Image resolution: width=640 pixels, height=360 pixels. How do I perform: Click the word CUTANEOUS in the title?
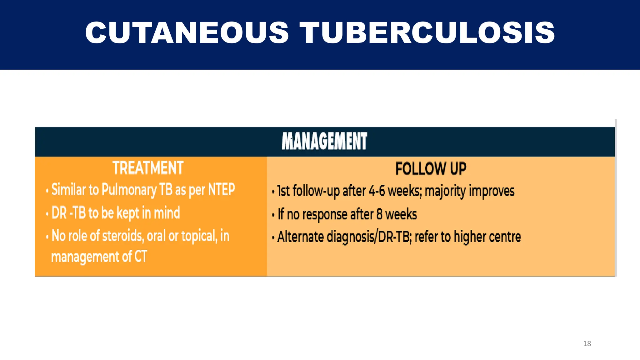coord(187,33)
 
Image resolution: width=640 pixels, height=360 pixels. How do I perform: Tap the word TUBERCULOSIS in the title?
coord(427,33)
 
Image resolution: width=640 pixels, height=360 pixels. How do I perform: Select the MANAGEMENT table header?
coord(324,141)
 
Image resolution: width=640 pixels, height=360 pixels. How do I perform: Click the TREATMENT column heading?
coord(148,168)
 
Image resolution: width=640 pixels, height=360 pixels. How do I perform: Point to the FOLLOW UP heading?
coord(431,169)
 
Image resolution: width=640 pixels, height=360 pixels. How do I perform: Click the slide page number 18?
coord(587,343)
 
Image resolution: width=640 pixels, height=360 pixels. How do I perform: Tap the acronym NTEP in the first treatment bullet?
coord(221,189)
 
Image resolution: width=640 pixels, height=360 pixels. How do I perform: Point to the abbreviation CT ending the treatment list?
coord(141,257)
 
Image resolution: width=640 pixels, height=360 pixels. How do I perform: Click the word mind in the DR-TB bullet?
coord(167,213)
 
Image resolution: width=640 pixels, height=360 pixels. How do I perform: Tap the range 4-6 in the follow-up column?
coord(377,191)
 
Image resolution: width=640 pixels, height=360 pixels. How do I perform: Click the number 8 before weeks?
coord(379,214)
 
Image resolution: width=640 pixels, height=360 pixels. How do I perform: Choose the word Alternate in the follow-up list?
coord(300,237)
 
